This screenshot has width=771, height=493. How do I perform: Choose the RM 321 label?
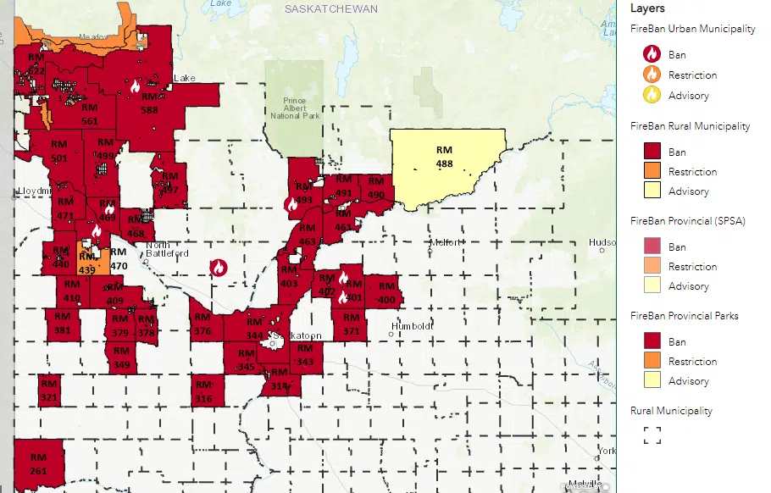(48, 391)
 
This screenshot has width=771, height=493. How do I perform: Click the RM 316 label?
(203, 392)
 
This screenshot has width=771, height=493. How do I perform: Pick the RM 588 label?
(149, 103)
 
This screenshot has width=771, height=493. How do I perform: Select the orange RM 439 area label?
(86, 263)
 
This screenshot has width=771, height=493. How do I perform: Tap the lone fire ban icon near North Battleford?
(218, 268)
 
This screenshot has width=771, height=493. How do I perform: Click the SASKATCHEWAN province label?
(331, 8)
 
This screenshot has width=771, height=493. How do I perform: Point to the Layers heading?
(648, 8)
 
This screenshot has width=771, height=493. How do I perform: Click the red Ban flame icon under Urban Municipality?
(652, 54)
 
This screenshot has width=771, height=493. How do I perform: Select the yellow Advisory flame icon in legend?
(652, 95)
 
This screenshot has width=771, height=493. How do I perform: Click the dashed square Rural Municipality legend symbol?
(652, 435)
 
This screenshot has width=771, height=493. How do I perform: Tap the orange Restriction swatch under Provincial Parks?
(652, 361)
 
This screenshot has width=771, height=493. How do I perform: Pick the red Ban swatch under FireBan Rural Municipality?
(652, 152)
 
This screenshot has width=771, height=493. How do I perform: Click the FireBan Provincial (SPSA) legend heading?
(687, 220)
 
